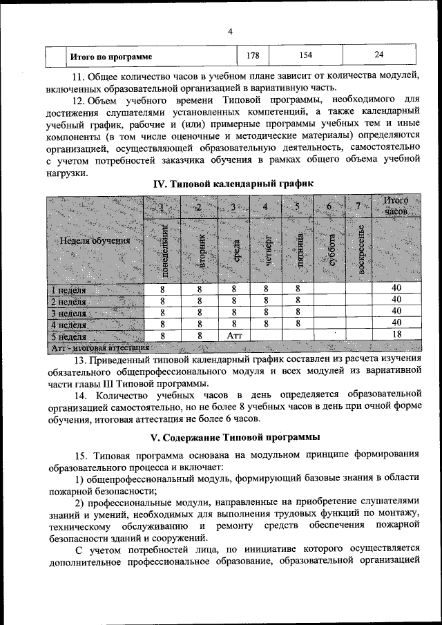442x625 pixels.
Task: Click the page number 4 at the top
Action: coord(230,31)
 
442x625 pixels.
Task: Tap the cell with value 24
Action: coord(379,55)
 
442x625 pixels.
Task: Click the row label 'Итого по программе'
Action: coord(111,56)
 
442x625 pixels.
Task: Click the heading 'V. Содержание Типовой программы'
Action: coord(235,437)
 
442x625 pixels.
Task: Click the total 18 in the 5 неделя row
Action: coord(396,335)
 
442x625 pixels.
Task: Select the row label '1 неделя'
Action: coord(69,289)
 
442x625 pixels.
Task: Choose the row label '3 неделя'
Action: coord(69,312)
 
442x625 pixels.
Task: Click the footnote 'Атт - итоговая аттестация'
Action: coord(100,347)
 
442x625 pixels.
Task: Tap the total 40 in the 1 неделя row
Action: coord(396,289)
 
